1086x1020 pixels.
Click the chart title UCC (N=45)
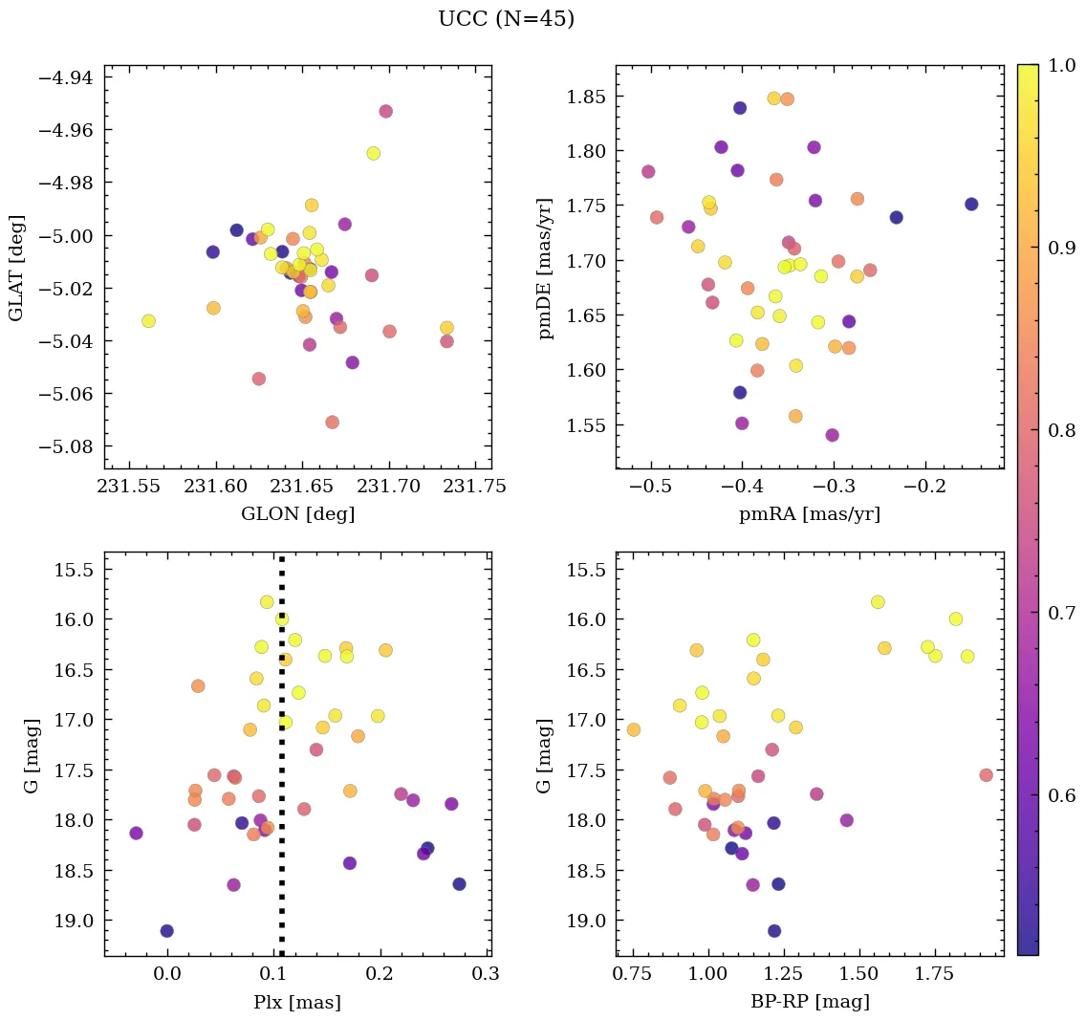(506, 19)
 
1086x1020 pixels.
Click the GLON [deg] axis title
(298, 514)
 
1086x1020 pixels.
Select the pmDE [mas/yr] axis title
(546, 268)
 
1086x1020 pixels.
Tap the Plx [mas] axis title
(298, 1002)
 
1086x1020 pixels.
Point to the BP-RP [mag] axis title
(809, 1002)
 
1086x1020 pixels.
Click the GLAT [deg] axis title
(16, 268)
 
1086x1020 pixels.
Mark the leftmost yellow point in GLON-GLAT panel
(148, 321)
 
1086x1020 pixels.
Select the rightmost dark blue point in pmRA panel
(971, 204)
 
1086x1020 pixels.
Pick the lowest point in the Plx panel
(167, 931)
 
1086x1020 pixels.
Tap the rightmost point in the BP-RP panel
(986, 775)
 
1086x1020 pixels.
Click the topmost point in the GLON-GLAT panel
(385, 111)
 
